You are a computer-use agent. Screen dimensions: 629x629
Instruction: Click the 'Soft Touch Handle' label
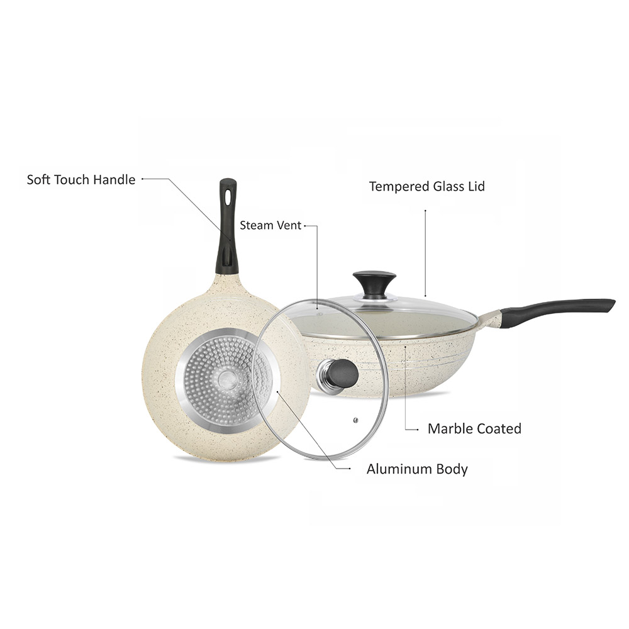coord(81,180)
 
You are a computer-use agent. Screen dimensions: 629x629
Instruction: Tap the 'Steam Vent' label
coord(270,225)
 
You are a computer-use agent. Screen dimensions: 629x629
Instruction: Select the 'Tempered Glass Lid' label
coord(427,187)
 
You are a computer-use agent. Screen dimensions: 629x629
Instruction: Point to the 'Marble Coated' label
coord(474,429)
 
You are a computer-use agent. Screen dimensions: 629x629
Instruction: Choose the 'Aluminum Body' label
coord(417,470)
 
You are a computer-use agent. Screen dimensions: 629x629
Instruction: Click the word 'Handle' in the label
coord(114,180)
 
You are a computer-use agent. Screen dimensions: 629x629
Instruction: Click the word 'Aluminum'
coord(399,469)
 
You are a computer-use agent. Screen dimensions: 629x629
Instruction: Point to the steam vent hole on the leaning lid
coord(355,420)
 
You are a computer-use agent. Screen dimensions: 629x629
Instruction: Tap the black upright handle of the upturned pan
coord(228,226)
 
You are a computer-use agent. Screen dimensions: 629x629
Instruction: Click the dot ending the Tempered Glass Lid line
coord(425,210)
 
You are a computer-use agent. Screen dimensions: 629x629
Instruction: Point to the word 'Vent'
coord(288,225)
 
